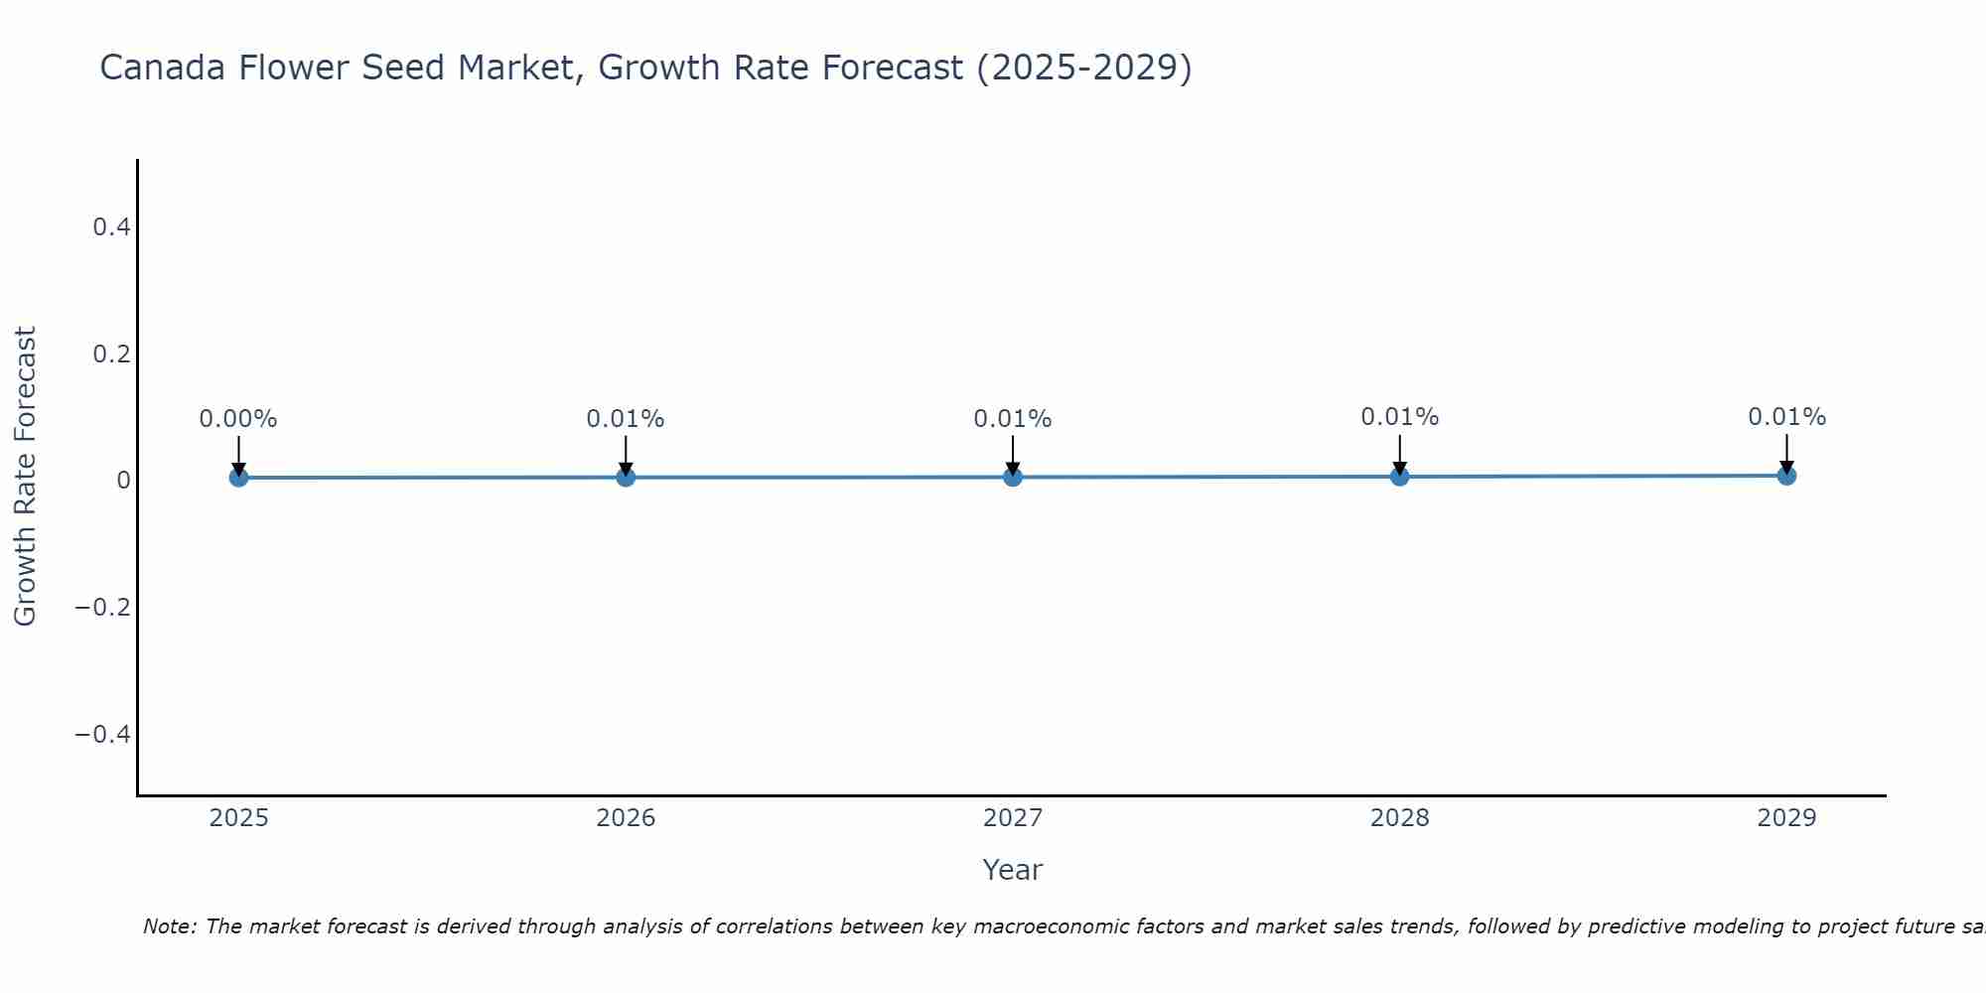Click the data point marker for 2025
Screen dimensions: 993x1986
point(238,478)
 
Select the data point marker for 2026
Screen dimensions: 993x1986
point(626,478)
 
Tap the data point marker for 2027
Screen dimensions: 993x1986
point(1013,478)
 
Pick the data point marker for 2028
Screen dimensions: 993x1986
point(1400,477)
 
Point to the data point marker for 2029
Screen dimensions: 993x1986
point(1786,476)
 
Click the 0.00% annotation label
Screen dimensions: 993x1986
point(238,419)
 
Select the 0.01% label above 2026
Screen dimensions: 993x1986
point(626,419)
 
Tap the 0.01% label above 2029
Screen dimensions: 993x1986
point(1786,417)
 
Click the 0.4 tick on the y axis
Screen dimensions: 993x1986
point(112,227)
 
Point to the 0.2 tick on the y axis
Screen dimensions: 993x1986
point(112,354)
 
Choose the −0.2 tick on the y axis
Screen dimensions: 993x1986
point(103,607)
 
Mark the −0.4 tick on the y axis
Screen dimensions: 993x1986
point(103,734)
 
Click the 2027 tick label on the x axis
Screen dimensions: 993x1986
point(1013,818)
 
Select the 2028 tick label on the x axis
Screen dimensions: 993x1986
point(1400,818)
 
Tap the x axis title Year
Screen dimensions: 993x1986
point(1012,870)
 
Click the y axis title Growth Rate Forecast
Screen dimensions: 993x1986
point(25,477)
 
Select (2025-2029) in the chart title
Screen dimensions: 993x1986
point(1083,69)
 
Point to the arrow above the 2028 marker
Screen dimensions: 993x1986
point(1400,453)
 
